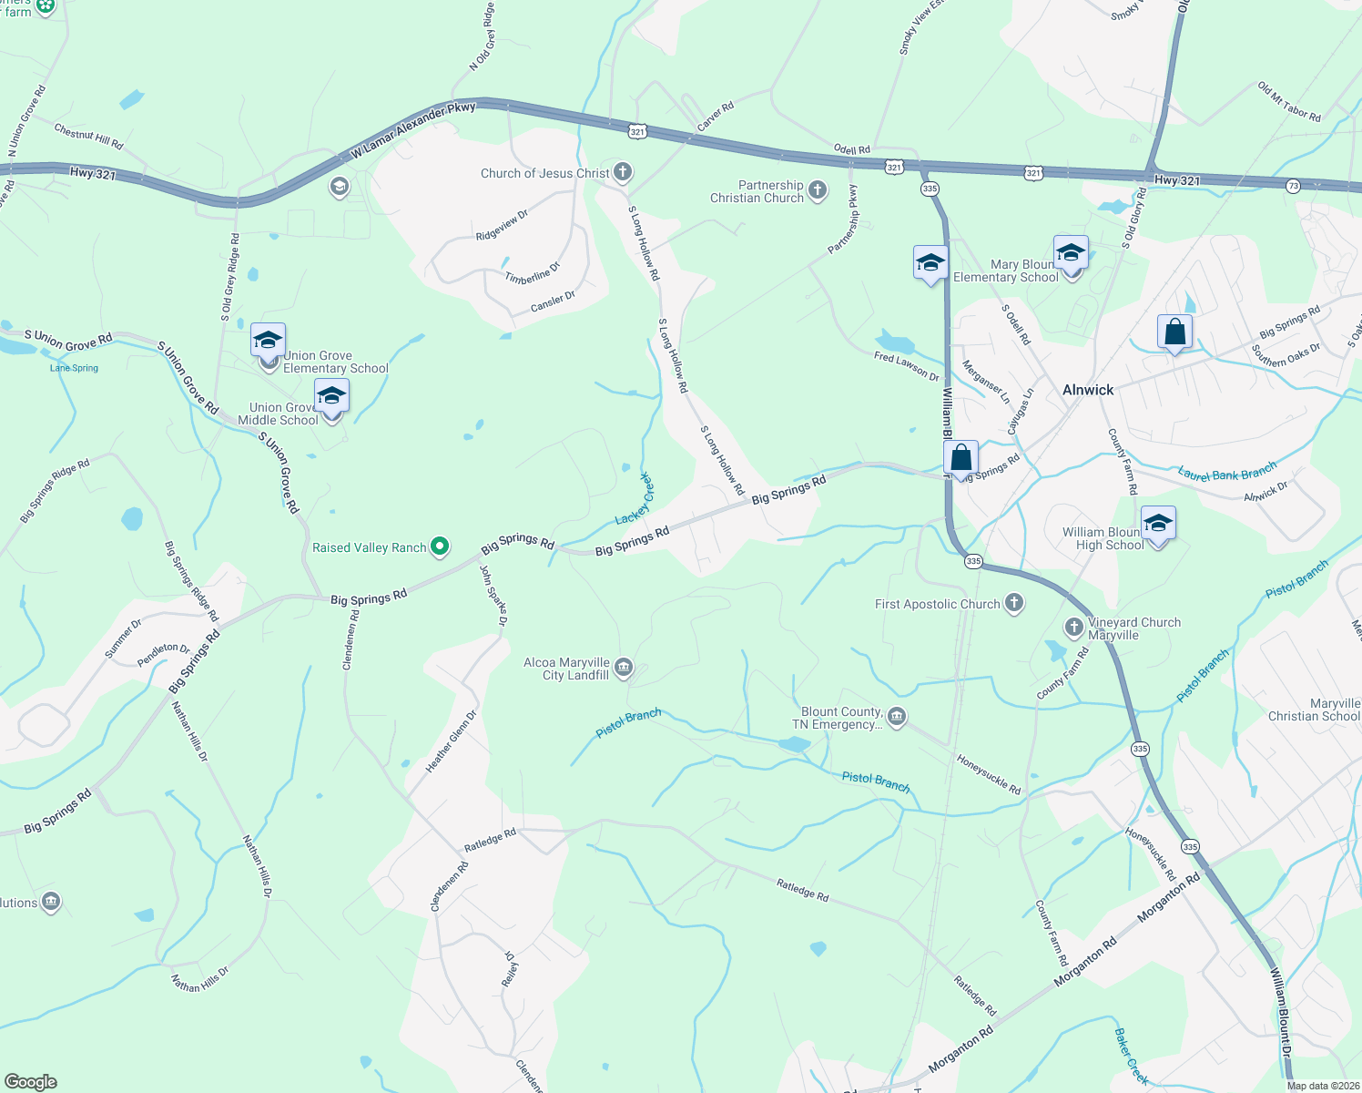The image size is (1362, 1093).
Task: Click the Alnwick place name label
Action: (1088, 390)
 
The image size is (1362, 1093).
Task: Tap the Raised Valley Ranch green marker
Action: (440, 547)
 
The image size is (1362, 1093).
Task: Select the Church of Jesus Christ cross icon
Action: (623, 172)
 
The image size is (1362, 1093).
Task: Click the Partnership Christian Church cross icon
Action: (818, 190)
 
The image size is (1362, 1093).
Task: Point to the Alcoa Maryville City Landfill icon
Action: (624, 669)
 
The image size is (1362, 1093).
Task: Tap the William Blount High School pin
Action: (1157, 525)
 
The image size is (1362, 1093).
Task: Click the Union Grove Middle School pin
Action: (331, 397)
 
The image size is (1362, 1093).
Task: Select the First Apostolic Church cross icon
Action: (1013, 604)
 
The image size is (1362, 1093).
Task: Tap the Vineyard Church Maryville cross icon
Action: (1074, 628)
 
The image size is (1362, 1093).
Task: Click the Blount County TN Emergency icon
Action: (897, 718)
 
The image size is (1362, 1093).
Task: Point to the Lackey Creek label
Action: (635, 499)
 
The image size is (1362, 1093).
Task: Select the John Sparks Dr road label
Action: (493, 596)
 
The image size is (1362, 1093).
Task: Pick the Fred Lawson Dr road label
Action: (906, 366)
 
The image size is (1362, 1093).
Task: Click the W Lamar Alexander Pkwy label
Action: (413, 131)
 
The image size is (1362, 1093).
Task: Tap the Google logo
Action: (30, 1081)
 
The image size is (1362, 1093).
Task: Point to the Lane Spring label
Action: (74, 368)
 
